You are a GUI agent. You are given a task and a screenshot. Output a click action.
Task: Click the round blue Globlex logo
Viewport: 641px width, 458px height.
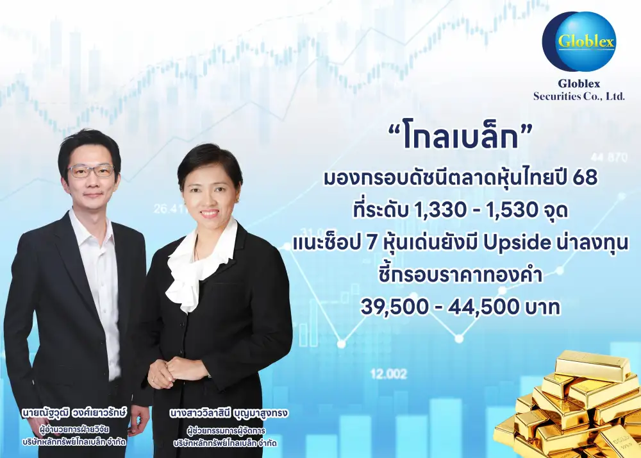pos(579,41)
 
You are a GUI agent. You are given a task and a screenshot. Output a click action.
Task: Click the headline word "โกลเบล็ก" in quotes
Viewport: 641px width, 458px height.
pos(460,138)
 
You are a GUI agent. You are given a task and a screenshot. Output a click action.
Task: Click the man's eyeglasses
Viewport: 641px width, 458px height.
pos(91,171)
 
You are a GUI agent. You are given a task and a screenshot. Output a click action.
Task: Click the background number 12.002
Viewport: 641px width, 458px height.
pos(389,374)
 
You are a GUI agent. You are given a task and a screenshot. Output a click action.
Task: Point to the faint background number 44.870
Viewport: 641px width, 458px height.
pos(609,157)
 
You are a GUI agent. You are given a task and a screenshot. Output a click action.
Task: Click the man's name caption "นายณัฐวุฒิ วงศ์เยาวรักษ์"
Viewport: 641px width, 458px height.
pos(74,413)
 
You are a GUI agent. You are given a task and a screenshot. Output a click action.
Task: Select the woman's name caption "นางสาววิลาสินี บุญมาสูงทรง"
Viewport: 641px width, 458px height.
pos(229,414)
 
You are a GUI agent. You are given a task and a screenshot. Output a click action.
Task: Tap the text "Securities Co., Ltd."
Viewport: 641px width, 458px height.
pos(579,96)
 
